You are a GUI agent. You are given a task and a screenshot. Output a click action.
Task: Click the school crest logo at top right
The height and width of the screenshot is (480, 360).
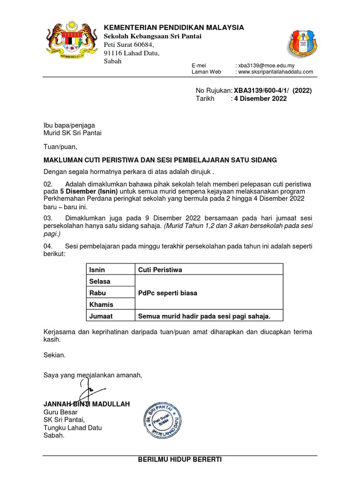[304, 47]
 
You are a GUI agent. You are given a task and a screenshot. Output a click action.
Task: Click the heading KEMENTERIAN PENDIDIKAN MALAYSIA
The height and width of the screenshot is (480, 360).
[173, 28]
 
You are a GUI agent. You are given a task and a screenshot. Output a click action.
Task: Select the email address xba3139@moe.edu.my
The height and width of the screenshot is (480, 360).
[266, 66]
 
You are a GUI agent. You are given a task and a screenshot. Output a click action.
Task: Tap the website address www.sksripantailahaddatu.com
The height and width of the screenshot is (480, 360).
[275, 72]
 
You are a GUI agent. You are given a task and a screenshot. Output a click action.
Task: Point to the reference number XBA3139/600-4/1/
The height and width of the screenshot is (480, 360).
[262, 90]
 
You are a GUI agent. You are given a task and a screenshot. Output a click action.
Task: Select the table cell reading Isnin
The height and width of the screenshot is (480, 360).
[97, 270]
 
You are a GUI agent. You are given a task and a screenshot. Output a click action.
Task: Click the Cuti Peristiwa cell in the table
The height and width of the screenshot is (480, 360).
[160, 270]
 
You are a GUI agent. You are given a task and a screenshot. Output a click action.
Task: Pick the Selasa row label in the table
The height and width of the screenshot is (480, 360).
[100, 281]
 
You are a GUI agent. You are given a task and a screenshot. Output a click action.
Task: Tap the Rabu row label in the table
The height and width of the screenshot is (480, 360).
[97, 293]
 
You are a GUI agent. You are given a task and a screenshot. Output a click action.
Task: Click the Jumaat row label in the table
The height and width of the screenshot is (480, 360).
[101, 316]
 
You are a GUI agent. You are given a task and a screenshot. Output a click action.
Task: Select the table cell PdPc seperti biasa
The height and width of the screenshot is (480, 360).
[167, 293]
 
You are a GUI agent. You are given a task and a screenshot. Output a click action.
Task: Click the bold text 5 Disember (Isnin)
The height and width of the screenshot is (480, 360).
[89, 192]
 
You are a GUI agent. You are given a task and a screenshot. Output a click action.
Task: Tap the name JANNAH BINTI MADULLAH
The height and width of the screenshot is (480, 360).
[86, 404]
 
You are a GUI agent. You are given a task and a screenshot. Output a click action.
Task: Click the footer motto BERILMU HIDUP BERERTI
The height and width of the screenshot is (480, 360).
[180, 460]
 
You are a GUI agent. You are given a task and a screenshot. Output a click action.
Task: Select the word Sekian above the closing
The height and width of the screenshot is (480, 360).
[55, 355]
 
